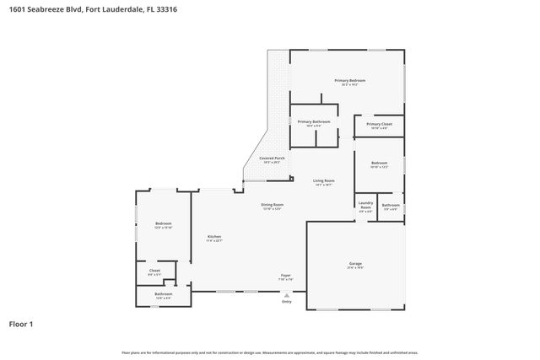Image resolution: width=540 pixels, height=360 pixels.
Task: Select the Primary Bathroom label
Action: pos(314,122)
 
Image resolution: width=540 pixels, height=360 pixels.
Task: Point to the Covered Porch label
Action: pos(272,159)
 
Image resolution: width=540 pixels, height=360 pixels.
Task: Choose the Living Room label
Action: pos(324,180)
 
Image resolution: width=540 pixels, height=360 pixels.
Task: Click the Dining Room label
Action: pos(272,205)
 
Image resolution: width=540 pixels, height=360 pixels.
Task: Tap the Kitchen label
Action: pos(214,237)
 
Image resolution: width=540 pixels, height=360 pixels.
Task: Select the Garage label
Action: pos(355,264)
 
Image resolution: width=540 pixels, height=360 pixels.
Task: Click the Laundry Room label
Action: pos(365,204)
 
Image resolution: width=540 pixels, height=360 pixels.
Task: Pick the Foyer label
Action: pos(286,276)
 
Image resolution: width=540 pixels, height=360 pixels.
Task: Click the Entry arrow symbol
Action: pos(287,294)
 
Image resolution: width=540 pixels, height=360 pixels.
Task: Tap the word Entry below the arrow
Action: pos(287,302)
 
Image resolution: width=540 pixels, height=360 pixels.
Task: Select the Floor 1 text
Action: pos(21,324)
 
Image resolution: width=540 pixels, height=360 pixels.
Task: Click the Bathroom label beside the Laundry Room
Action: pos(391,206)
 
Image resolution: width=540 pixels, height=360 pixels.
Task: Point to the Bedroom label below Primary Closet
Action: pos(380,164)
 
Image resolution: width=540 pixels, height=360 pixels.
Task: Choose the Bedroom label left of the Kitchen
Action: pos(163,223)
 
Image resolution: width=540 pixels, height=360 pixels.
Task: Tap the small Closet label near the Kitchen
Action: pos(154,271)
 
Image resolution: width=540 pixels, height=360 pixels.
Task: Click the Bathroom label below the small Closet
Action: pos(163,294)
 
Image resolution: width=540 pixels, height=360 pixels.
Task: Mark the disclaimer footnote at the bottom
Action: pos(270,352)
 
